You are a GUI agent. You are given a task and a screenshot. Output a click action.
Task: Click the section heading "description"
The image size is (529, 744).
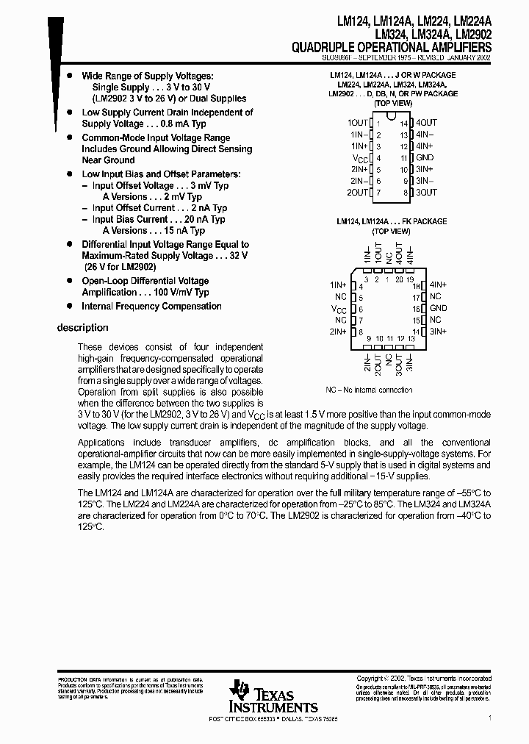click(x=82, y=328)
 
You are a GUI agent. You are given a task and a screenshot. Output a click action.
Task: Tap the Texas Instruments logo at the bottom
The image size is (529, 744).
click(x=272, y=695)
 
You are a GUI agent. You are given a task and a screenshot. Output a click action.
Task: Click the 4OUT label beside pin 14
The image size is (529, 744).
click(x=425, y=123)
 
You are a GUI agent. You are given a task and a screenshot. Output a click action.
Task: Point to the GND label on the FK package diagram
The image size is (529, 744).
click(x=438, y=308)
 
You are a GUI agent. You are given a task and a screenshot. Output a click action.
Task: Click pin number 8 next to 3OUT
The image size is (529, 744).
click(x=405, y=193)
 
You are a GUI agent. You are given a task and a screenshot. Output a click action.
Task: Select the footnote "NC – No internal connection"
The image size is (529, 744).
click(x=369, y=390)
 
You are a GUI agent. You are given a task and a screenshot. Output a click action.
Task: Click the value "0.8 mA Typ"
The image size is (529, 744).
click(x=176, y=124)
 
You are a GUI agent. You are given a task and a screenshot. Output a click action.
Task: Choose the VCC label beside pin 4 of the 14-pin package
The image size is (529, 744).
click(x=359, y=158)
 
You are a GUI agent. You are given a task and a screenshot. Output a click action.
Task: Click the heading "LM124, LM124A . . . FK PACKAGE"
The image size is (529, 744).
click(x=391, y=221)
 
